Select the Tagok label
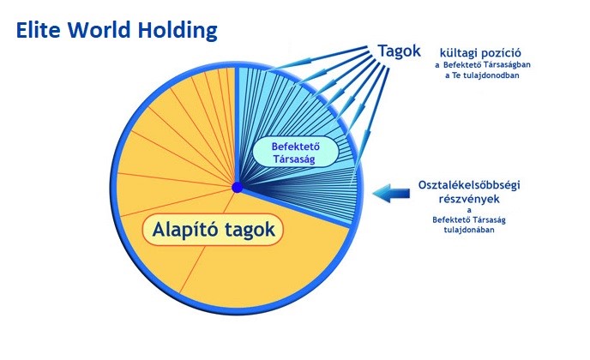coord(399,51)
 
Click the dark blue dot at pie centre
coord(238,188)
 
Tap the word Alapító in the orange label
coord(184,230)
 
